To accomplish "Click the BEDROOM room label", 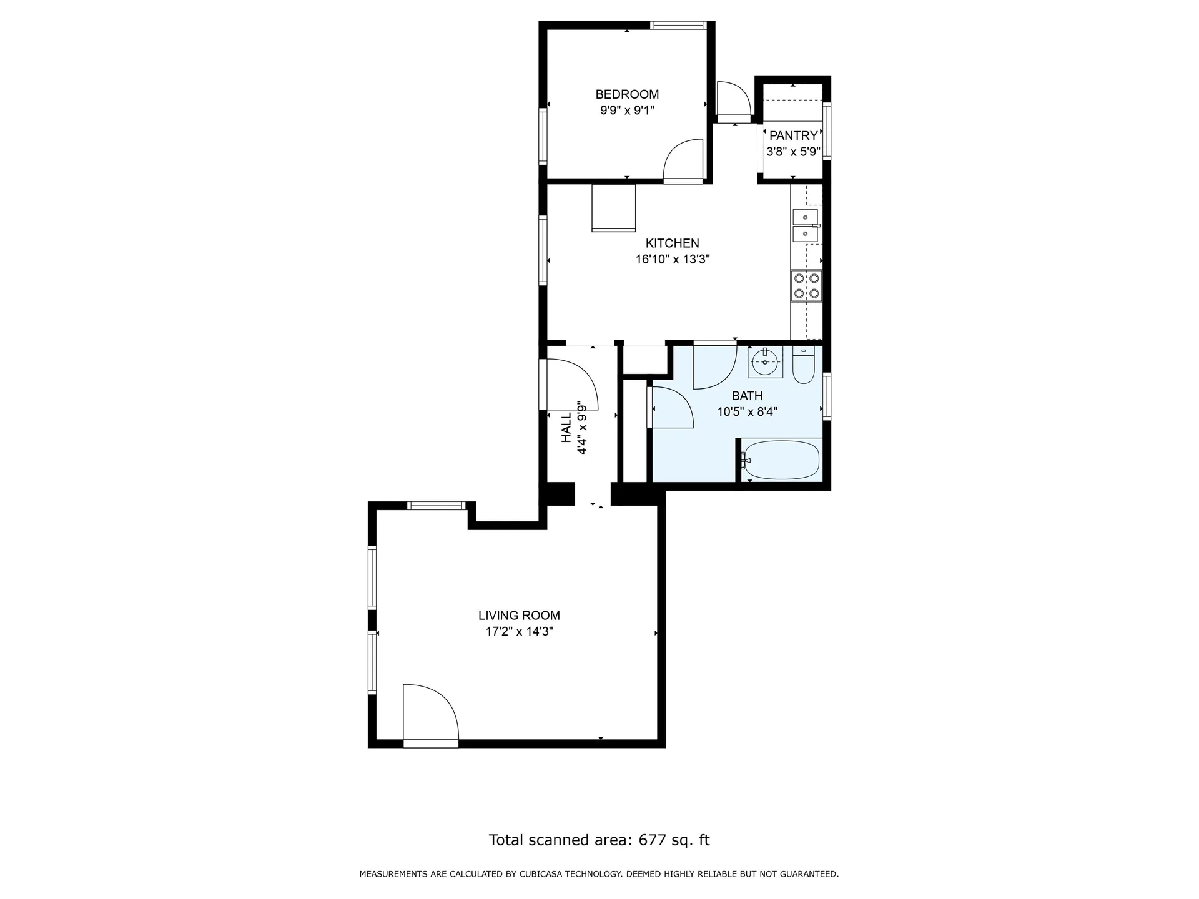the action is [627, 94].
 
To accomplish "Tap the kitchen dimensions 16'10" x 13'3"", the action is [673, 259].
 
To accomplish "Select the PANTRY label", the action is [793, 135].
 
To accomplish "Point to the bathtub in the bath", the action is [781, 460].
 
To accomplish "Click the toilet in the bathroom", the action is [803, 365].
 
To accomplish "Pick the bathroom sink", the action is [765, 361].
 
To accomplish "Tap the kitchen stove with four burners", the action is [806, 286].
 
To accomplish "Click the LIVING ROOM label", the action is [519, 616].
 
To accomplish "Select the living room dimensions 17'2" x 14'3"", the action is [519, 631].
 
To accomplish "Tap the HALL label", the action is [566, 428].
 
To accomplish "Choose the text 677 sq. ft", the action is [674, 840].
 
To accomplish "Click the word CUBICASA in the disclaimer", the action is [541, 874].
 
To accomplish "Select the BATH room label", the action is [747, 396].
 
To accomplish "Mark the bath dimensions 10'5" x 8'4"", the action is [747, 411].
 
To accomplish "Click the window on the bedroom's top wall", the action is [678, 26].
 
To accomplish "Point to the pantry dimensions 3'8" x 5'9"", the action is [793, 151].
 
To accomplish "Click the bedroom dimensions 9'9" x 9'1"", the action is [627, 111].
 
